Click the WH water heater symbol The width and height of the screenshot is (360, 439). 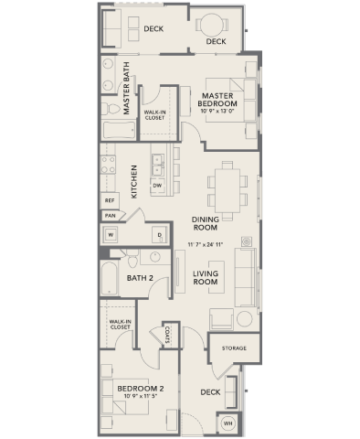coord(228,423)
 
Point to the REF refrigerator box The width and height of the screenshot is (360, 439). coord(110,198)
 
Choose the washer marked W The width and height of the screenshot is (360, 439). coord(111,234)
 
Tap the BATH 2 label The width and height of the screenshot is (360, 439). coord(140,278)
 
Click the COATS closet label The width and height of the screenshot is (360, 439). coord(170,337)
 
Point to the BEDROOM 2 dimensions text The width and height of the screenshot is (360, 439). coord(139,396)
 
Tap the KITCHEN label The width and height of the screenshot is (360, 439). coord(134,181)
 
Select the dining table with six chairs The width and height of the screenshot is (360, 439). coord(225,187)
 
